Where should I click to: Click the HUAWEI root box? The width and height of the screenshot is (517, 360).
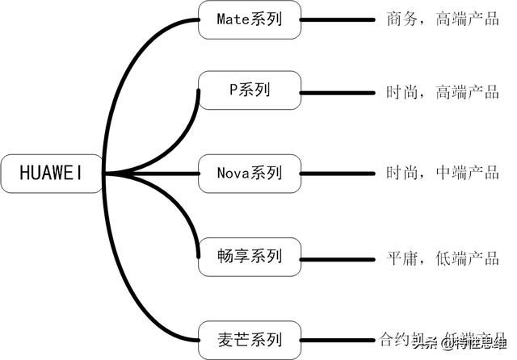(x=50, y=172)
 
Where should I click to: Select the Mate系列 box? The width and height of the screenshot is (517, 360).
(x=250, y=19)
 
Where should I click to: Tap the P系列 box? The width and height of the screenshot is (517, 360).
(x=250, y=90)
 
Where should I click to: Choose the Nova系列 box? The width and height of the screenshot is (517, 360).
(x=250, y=172)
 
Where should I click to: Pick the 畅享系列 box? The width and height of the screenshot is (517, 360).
(x=250, y=257)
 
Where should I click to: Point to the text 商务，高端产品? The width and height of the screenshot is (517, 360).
(x=443, y=19)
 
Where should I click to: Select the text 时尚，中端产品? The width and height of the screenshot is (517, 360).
(x=443, y=172)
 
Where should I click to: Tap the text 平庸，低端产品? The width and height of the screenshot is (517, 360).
(x=443, y=258)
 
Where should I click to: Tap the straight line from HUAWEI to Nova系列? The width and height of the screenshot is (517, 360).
(x=153, y=172)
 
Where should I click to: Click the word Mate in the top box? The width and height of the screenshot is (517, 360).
(x=233, y=19)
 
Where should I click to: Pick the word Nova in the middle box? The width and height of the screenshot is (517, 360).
(x=234, y=172)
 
